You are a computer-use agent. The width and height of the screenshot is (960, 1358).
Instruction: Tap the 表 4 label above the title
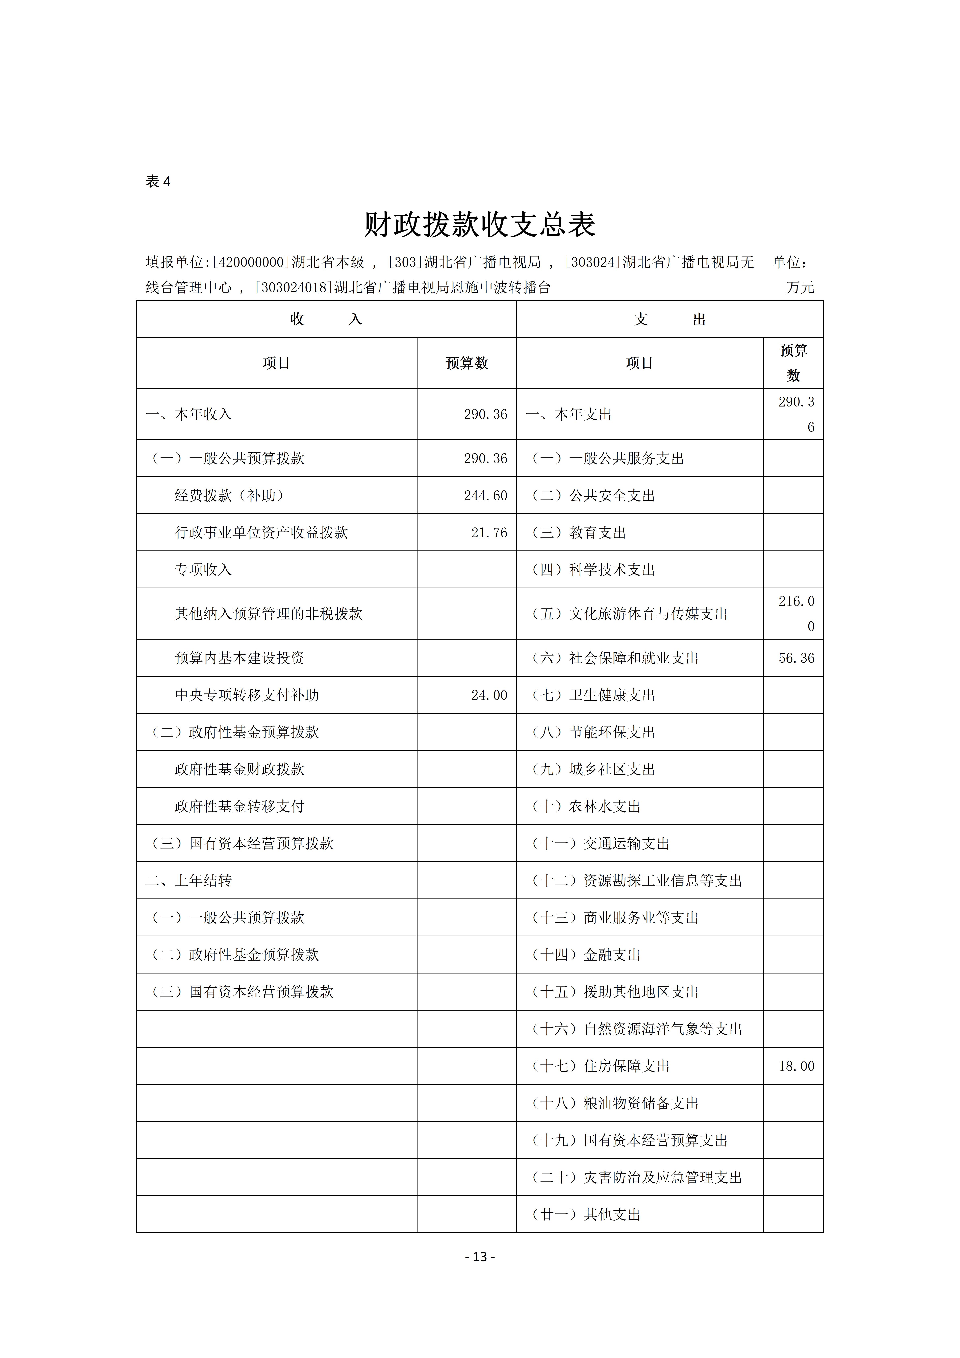(158, 182)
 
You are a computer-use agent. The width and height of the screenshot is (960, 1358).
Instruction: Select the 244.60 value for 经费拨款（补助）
(485, 496)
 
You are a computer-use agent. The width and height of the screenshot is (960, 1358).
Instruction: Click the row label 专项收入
(203, 570)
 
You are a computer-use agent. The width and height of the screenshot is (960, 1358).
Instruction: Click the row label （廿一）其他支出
(586, 1215)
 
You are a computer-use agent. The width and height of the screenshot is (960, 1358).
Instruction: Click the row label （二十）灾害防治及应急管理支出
(636, 1178)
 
